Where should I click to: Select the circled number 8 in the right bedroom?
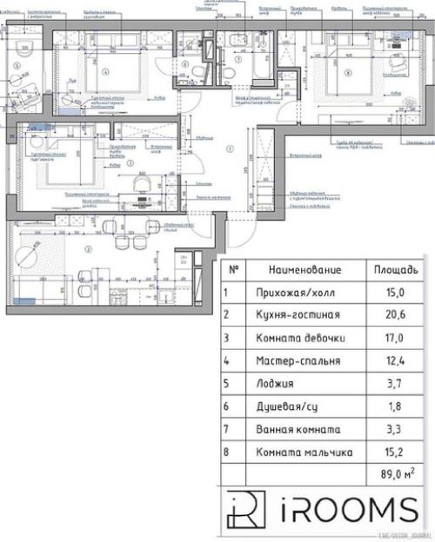coord(346,72)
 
